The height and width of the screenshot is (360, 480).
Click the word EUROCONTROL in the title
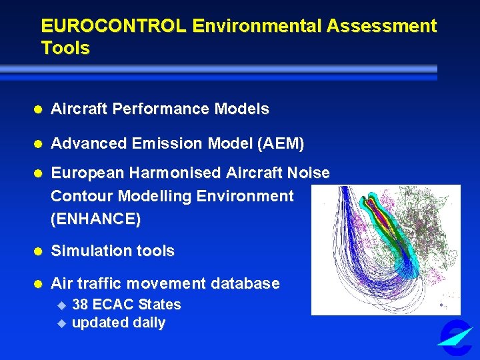114,27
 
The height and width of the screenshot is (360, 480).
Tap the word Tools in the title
65,49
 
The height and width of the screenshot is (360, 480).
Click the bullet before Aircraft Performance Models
39,109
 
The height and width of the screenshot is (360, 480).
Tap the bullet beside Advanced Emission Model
39,144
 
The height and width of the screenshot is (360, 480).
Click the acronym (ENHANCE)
95,219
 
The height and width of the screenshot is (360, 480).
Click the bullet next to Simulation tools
39,252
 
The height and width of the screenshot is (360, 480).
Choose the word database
245,283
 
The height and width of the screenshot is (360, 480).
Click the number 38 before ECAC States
80,305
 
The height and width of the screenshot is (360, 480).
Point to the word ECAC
113,305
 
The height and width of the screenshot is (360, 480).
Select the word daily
149,323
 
